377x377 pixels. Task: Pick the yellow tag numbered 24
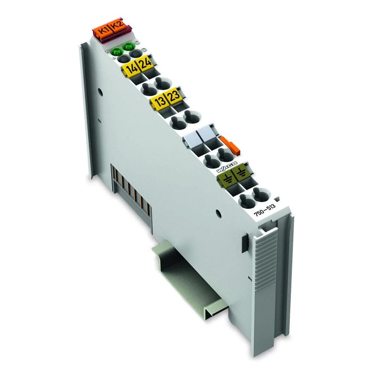click(145, 64)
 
